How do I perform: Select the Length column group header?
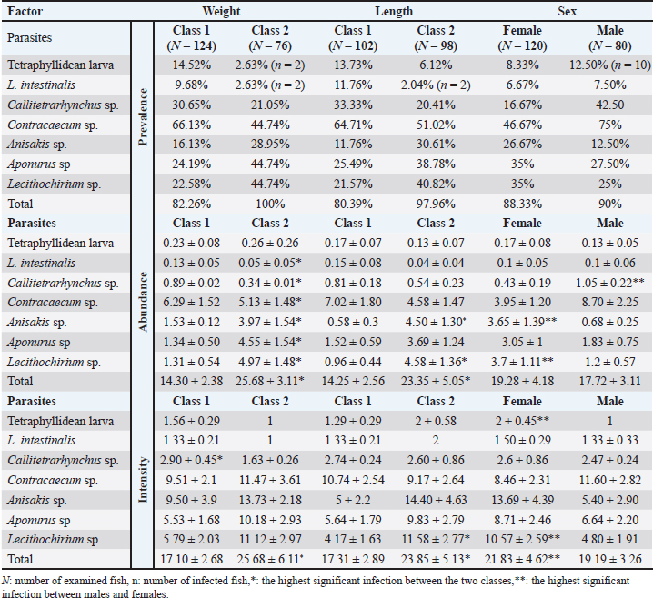click(x=393, y=12)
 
